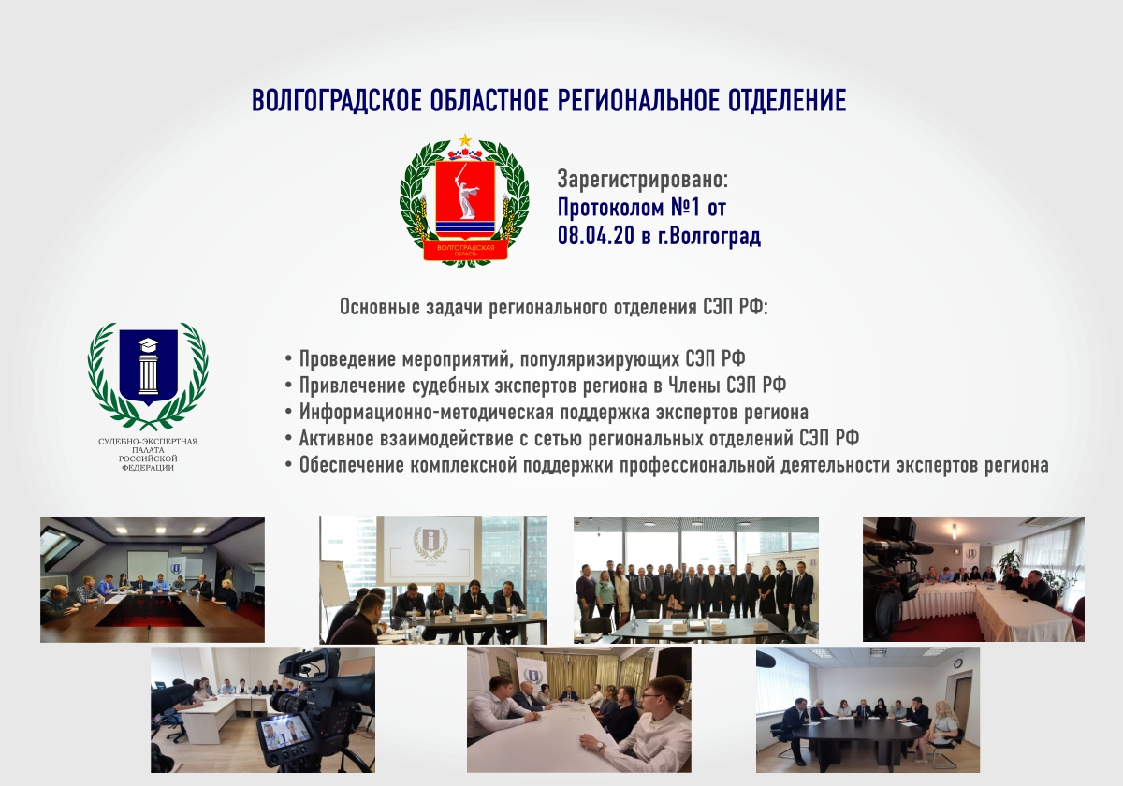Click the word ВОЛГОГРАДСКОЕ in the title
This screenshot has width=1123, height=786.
click(337, 100)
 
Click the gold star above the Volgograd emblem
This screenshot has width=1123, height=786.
click(465, 139)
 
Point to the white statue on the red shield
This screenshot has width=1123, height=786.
click(465, 191)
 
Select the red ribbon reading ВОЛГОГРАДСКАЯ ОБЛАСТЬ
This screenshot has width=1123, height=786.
click(466, 249)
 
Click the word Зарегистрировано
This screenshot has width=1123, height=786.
click(642, 180)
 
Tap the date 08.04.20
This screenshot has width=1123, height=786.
click(596, 235)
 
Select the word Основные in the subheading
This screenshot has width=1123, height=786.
click(380, 307)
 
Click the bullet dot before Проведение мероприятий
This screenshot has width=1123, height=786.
click(288, 359)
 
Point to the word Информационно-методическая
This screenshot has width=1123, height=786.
click(426, 412)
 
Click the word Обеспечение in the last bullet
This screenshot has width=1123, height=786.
click(352, 465)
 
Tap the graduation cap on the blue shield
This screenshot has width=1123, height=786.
click(148, 344)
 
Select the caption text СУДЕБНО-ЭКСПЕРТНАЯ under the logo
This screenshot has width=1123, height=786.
click(148, 442)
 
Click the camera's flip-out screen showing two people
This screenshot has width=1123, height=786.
click(284, 732)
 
